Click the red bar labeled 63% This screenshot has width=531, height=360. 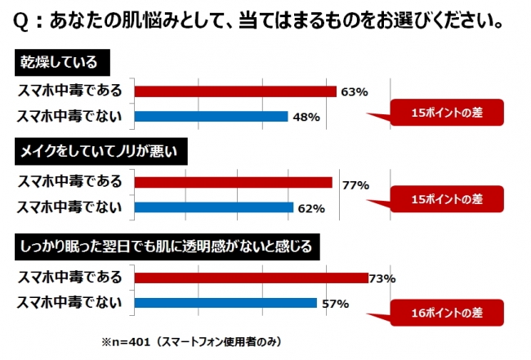234,91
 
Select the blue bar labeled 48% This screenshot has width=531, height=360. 210,116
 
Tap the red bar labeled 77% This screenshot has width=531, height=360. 233,182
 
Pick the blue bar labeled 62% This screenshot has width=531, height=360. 212,207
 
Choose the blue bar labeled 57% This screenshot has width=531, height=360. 225,304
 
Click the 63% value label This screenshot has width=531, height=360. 353,91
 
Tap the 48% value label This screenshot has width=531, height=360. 305,117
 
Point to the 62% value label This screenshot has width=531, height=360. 311,208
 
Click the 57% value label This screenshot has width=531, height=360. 336,304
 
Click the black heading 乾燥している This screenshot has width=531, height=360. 62,63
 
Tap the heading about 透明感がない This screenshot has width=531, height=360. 164,244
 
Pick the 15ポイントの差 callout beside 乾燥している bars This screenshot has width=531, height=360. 446,113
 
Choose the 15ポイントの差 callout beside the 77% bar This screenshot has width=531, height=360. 446,198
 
